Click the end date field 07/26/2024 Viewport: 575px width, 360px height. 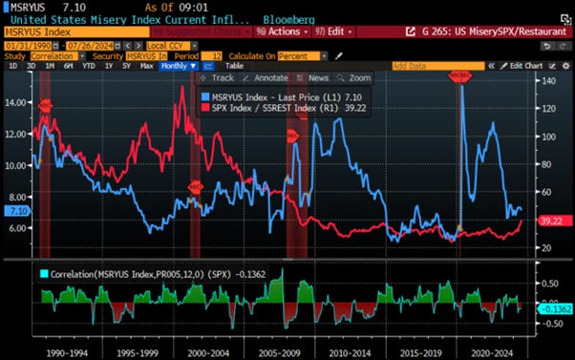(89, 45)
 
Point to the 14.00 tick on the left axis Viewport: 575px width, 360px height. (17, 101)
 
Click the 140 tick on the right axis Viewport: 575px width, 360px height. (546, 82)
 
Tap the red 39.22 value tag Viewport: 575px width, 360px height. (550, 221)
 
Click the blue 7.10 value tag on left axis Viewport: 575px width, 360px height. (17, 210)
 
